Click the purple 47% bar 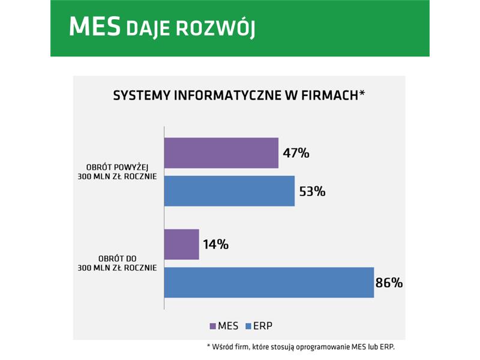[x=221, y=153]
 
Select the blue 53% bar [x=230, y=191]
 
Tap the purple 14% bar [x=182, y=244]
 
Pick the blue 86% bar [x=269, y=283]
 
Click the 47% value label [x=296, y=153]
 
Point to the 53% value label [x=312, y=191]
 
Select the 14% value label [x=216, y=245]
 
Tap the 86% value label [x=389, y=283]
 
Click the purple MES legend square [x=213, y=326]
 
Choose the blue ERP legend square [x=248, y=326]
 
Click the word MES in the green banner [x=95, y=27]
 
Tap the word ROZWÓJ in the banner [x=215, y=28]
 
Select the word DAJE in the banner [x=148, y=29]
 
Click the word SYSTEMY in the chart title [x=142, y=95]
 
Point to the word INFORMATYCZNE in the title [x=227, y=95]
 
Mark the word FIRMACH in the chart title [x=329, y=95]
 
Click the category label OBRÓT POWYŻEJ [x=117, y=167]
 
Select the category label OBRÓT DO [x=117, y=259]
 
